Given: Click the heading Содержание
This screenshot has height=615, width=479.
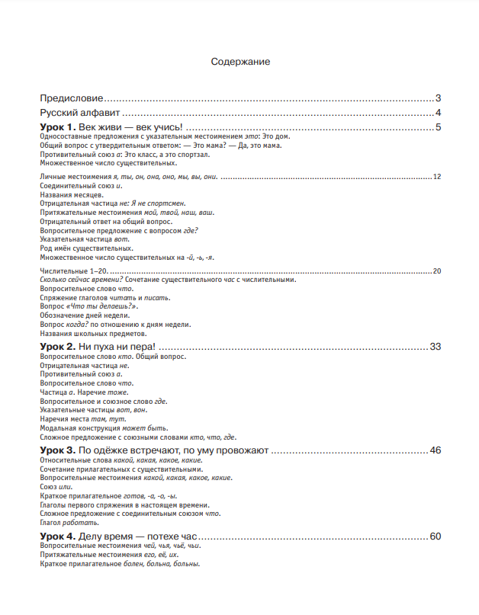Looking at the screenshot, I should click(x=240, y=62).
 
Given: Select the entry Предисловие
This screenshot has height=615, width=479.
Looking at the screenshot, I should click(x=72, y=98).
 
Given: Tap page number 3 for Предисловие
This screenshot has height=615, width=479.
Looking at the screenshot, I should click(x=439, y=98).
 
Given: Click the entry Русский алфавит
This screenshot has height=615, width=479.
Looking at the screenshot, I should click(x=79, y=113).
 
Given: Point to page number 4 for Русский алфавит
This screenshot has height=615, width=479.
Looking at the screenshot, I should click(x=439, y=113).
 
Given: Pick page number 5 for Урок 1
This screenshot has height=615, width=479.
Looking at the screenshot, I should click(x=439, y=127).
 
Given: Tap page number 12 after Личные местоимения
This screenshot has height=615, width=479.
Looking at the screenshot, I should click(x=437, y=177).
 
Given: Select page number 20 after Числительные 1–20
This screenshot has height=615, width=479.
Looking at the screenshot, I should click(x=437, y=271).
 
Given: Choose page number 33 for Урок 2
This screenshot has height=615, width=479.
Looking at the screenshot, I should click(x=436, y=347).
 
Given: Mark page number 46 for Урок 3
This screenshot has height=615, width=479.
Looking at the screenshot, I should click(x=436, y=451).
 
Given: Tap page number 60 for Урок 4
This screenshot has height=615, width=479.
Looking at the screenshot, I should click(x=436, y=537).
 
